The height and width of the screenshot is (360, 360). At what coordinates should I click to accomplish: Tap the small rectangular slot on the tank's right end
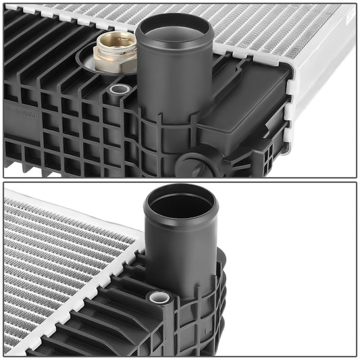269,153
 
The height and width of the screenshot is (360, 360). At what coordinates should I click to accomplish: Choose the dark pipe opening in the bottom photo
181,203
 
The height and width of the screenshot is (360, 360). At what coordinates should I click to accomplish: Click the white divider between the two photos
180,180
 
